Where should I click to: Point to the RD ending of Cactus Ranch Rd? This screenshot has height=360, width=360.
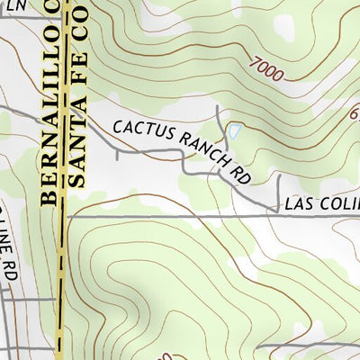click(x=239, y=175)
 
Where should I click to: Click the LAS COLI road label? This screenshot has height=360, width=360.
click(x=320, y=205)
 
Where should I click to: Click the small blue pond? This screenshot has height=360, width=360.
click(x=234, y=131)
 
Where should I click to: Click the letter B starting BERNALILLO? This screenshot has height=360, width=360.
click(x=50, y=195)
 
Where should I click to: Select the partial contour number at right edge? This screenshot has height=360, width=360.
click(x=354, y=114)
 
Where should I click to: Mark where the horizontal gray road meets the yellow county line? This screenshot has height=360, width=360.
click(x=63, y=216)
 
